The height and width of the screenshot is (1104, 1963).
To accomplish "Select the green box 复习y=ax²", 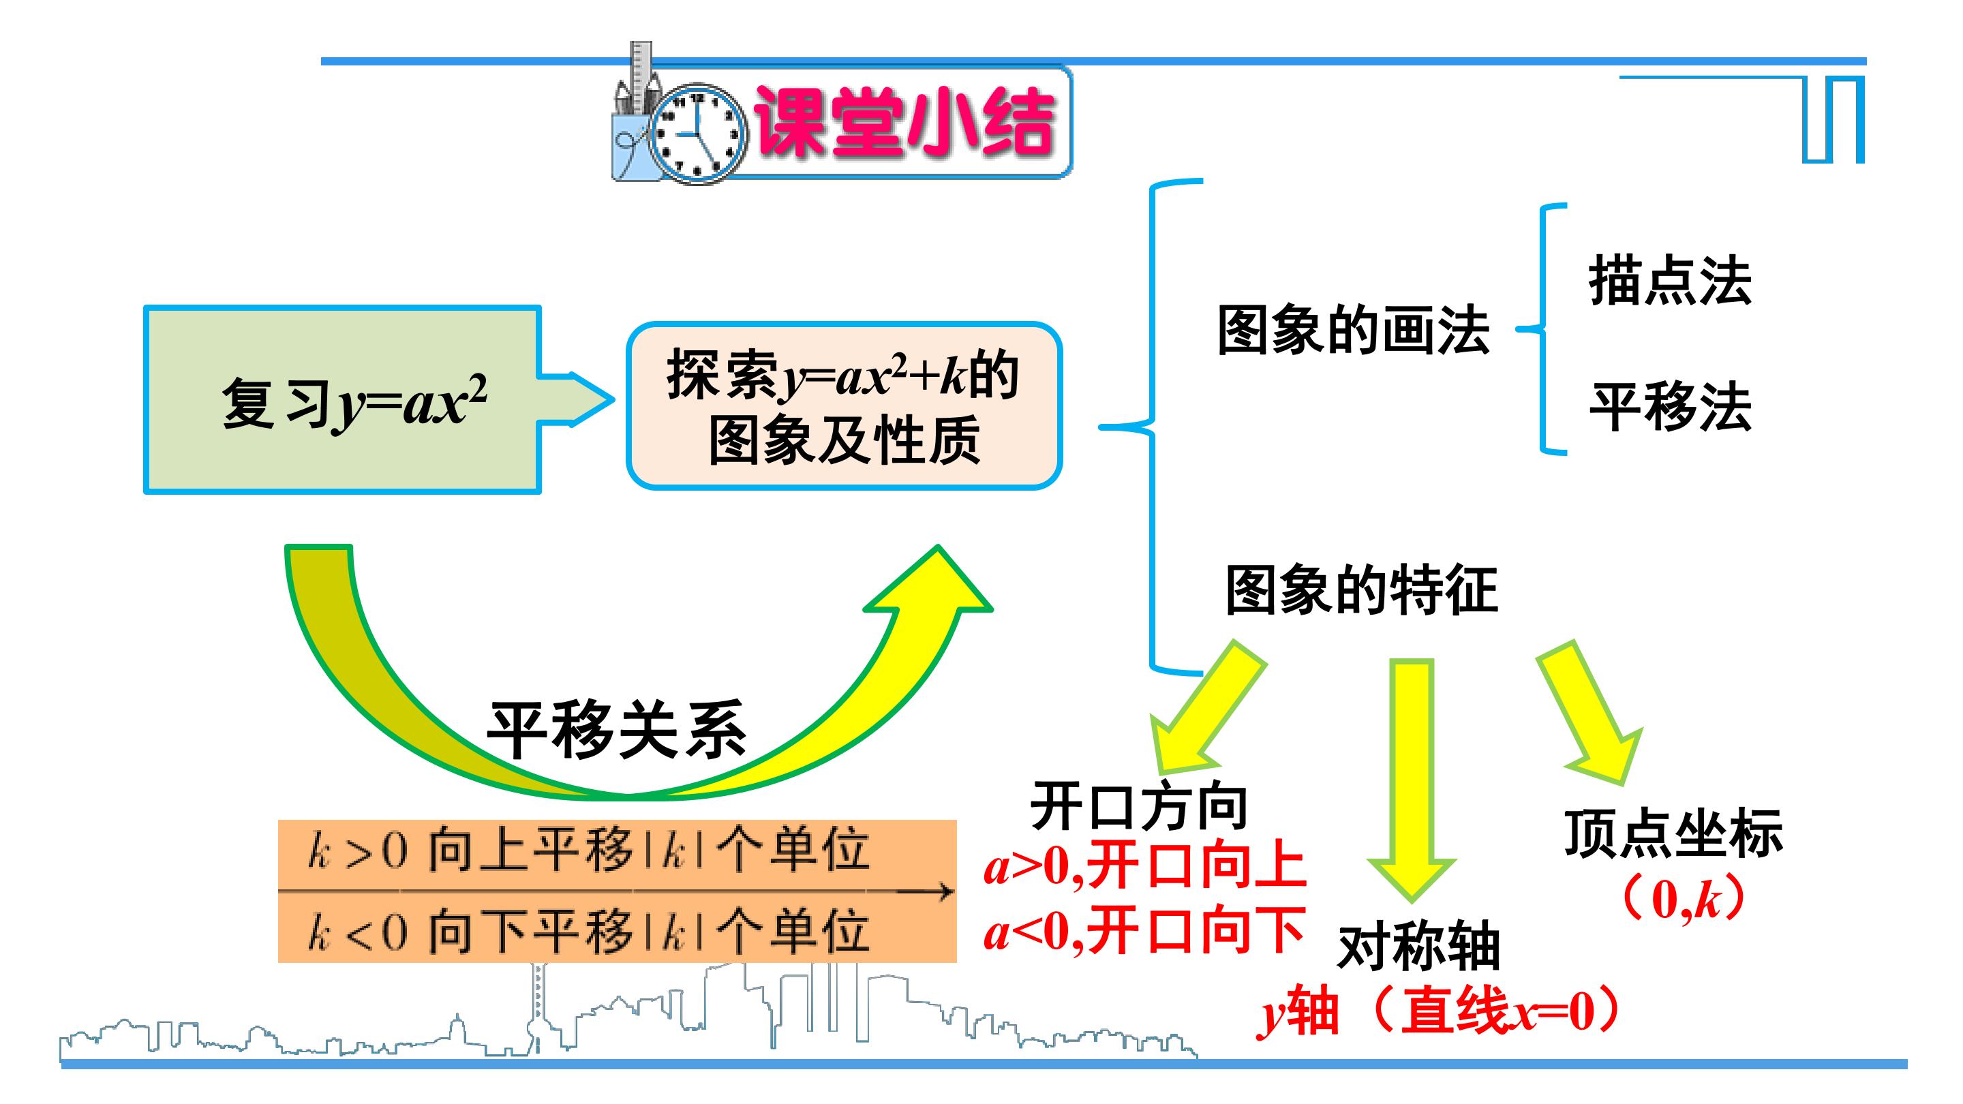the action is pos(343,400).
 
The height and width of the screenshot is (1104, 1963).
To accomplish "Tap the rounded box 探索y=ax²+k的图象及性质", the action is pos(844,406).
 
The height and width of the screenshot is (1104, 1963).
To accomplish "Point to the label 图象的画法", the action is pos(1354,330).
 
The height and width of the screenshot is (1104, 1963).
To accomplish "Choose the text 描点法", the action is pos(1670,281).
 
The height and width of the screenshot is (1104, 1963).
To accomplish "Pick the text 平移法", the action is pos(1670,407).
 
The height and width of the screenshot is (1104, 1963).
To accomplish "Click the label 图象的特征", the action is pos(1361,589).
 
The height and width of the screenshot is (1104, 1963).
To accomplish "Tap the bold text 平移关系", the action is pos(616,729).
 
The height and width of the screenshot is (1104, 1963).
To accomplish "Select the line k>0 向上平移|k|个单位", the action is pos(588,850).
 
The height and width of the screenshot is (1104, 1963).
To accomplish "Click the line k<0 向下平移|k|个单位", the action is pos(588,931).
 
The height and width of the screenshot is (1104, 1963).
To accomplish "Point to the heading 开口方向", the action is pos(1138,806).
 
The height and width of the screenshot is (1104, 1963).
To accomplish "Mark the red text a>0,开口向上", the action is pos(1145,867).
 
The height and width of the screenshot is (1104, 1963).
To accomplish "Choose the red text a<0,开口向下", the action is pos(1145,931).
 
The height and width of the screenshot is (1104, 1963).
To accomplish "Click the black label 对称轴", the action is pos(1419,947).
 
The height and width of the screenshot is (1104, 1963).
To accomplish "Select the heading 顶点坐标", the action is pos(1673,833).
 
